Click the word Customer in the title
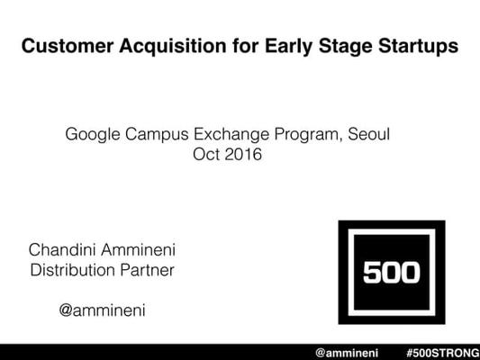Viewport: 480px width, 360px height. [x=68, y=46]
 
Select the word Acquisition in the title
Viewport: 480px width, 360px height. [x=173, y=47]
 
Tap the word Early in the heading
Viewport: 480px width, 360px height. [x=288, y=47]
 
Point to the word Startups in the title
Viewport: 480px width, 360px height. [x=418, y=47]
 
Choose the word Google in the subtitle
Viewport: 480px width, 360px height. [x=93, y=134]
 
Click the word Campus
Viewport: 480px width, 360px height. [x=157, y=135]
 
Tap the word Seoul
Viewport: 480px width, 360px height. [x=369, y=134]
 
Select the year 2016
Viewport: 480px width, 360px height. [x=243, y=154]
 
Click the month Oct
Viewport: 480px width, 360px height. [x=206, y=154]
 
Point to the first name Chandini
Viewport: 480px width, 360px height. [x=62, y=249]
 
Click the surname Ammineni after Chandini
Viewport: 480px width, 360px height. [x=139, y=249]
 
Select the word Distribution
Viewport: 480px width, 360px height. [x=72, y=270]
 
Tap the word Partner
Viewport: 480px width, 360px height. [x=148, y=270]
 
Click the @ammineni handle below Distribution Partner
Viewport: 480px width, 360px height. [x=103, y=310]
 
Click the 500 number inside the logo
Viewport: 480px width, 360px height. [x=392, y=272]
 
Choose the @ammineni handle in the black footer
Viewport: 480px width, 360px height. [x=347, y=353]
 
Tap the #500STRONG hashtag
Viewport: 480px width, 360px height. [x=443, y=353]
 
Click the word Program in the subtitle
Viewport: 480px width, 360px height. [x=308, y=135]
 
